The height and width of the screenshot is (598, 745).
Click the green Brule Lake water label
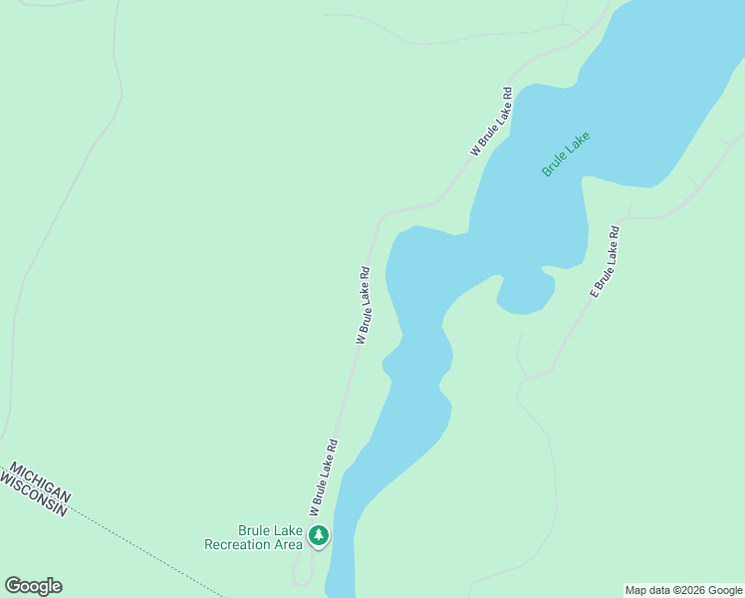tap(566, 154)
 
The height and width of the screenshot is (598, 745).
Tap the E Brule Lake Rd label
tap(605, 262)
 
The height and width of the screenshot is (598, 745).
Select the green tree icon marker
tap(319, 536)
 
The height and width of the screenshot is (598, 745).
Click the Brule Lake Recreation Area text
tap(253, 537)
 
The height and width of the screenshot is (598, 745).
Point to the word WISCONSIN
tap(33, 494)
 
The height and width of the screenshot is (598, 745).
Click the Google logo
tap(33, 586)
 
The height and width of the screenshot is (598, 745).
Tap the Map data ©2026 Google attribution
tap(683, 590)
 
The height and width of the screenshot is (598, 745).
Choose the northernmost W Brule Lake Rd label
tap(492, 123)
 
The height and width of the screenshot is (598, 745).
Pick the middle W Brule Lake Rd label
tap(363, 305)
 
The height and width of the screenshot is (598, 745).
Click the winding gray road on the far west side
tap(60, 199)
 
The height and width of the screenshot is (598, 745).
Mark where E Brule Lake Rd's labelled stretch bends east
tap(627, 215)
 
